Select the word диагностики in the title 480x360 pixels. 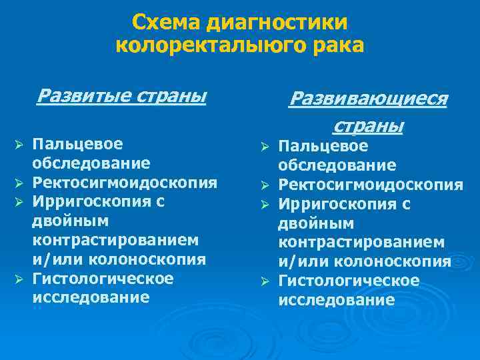point(277,23)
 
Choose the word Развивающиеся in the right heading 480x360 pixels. point(367,99)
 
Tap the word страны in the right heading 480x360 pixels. point(367,125)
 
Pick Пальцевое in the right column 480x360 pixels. point(323,146)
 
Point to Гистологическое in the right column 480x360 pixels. point(349,281)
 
